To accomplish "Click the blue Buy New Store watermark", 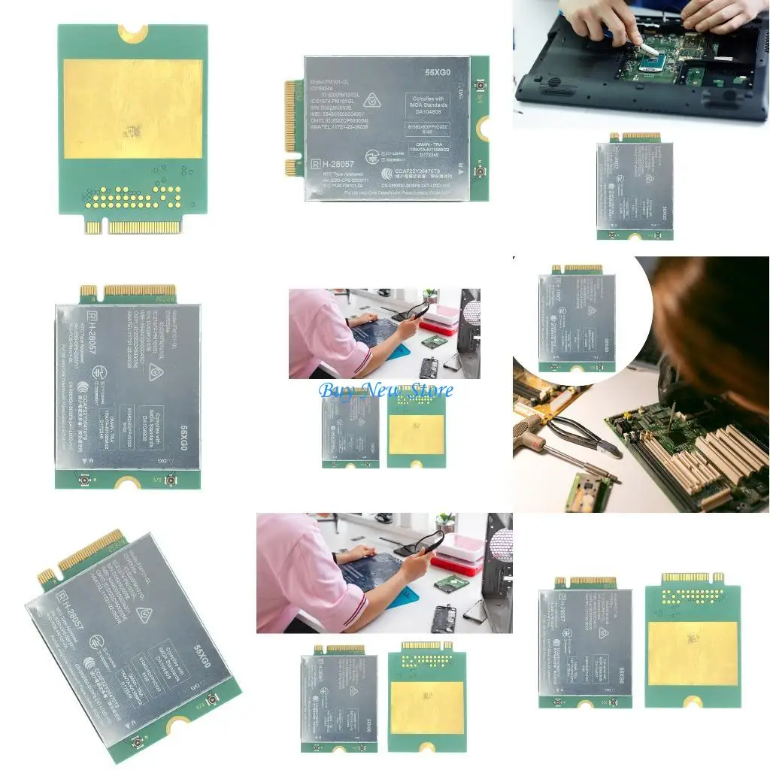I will pyautogui.click(x=387, y=390).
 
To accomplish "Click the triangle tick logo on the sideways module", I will pyautogui.click(x=155, y=370).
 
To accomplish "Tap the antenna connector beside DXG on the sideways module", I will pyautogui.click(x=171, y=480).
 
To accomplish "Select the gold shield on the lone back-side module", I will pyautogui.click(x=132, y=109).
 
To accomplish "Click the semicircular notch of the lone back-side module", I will pyautogui.click(x=133, y=31).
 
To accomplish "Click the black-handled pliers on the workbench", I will pyautogui.click(x=583, y=436).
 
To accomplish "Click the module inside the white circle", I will pyautogui.click(x=577, y=319).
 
